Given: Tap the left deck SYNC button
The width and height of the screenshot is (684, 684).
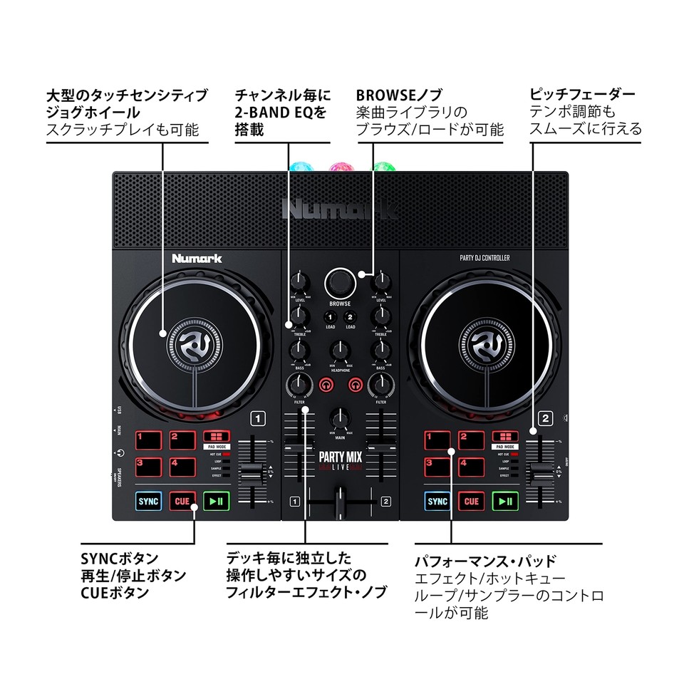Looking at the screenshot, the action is [x=149, y=501].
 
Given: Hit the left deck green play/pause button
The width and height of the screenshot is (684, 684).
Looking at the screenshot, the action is [x=215, y=501].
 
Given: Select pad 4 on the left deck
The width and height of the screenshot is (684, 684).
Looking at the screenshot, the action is [x=182, y=467].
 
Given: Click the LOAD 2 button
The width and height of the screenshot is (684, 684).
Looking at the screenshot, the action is [x=350, y=318].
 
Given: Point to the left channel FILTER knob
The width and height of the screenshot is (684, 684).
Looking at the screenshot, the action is [x=300, y=385].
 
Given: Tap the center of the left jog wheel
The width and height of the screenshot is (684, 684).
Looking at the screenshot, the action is [x=194, y=343].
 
